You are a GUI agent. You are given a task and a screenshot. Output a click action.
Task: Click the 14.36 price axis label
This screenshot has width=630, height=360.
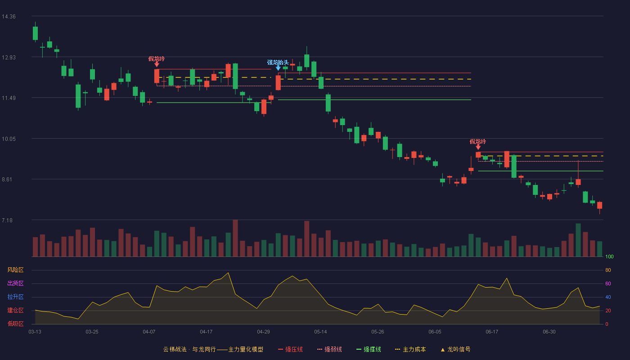[9, 17]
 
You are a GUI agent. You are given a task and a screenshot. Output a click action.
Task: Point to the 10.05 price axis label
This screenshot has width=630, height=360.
[9, 139]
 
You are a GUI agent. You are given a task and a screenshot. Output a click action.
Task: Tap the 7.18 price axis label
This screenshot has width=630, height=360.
[7, 220]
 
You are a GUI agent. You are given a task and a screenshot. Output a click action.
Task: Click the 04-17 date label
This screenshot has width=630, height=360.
[206, 332]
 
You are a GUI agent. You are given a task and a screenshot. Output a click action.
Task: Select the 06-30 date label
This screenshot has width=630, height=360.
[549, 332]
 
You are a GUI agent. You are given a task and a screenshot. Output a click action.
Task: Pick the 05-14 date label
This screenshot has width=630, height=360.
[320, 332]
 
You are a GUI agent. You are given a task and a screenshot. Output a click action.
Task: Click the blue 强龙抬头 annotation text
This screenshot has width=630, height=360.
[278, 63]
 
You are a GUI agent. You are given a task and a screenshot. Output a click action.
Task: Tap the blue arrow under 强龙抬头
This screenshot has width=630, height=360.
[278, 68]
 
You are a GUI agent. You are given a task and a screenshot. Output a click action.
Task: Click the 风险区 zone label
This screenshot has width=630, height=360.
[15, 270]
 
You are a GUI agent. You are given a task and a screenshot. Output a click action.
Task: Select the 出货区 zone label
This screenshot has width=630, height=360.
[15, 283]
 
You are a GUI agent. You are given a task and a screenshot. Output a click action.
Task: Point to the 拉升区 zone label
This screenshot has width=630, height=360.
[15, 297]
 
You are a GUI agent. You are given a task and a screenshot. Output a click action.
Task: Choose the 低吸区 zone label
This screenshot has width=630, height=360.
[15, 324]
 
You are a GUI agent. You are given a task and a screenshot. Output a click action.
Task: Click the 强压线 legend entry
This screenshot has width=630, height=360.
[290, 349]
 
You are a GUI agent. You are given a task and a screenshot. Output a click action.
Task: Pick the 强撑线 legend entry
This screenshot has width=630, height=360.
[369, 349]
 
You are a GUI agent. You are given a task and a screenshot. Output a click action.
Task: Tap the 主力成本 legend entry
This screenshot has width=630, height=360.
[410, 349]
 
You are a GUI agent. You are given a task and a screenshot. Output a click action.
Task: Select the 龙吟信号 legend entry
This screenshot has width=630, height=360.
[455, 349]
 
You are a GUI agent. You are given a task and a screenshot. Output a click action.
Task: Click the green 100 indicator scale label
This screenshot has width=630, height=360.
[609, 256]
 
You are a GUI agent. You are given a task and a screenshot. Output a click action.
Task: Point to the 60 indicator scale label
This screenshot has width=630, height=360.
[608, 283]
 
